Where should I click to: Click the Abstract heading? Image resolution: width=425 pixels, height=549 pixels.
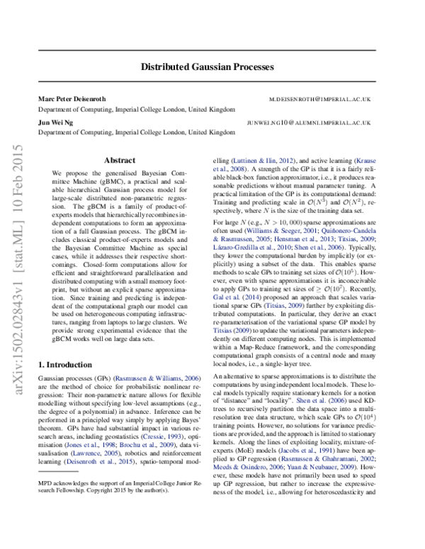coord(119,161)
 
